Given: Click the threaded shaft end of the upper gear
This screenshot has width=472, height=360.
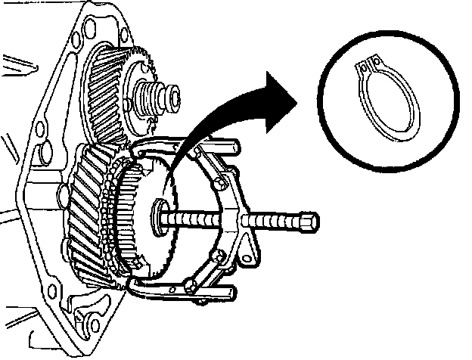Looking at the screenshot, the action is point(167,97).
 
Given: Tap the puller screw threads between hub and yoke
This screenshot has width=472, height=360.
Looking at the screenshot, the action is point(193,217).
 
